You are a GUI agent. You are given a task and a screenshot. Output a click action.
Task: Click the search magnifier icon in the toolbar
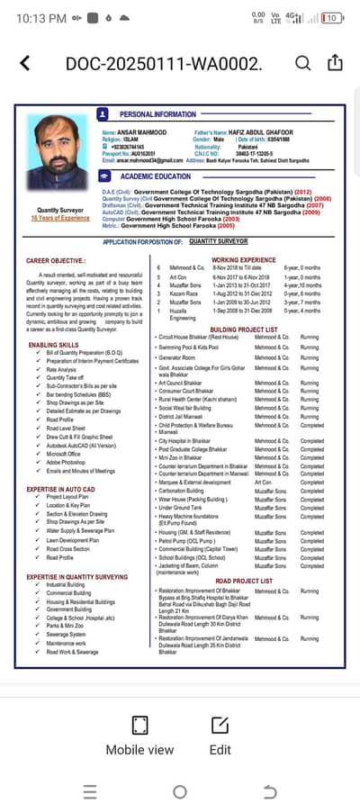tap(303, 63)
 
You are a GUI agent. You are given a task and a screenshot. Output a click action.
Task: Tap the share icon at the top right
tap(335, 63)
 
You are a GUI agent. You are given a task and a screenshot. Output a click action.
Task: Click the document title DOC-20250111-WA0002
tap(163, 64)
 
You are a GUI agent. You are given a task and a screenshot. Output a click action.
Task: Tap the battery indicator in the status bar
tap(331, 17)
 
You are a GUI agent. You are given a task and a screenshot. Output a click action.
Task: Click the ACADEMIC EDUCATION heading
tap(156, 177)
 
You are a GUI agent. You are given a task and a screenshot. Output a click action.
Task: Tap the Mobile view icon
tap(139, 726)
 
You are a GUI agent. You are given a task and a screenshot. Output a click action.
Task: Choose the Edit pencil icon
tap(220, 726)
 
